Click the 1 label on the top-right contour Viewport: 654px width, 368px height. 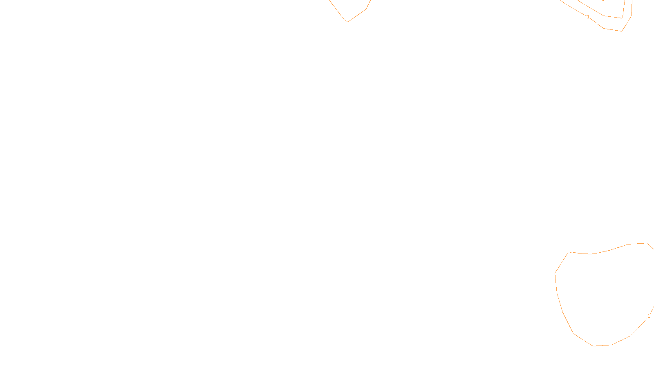(x=588, y=17)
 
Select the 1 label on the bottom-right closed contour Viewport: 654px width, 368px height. (x=649, y=316)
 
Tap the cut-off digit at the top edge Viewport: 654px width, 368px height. (x=603, y=0)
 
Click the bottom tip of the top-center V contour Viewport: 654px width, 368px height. (x=347, y=21)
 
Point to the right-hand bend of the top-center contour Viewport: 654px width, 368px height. (x=366, y=9)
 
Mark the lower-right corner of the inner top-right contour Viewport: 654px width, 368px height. (x=622, y=18)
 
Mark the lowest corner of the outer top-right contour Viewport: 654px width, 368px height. (x=622, y=31)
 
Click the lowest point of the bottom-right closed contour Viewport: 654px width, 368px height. (x=594, y=346)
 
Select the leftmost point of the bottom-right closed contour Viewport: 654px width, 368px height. (x=555, y=274)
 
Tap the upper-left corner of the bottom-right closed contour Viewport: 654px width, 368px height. (x=568, y=253)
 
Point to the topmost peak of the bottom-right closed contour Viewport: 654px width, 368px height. (x=647, y=243)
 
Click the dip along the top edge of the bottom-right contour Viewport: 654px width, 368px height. (x=590, y=254)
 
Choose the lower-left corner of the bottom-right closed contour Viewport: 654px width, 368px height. (x=573, y=334)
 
